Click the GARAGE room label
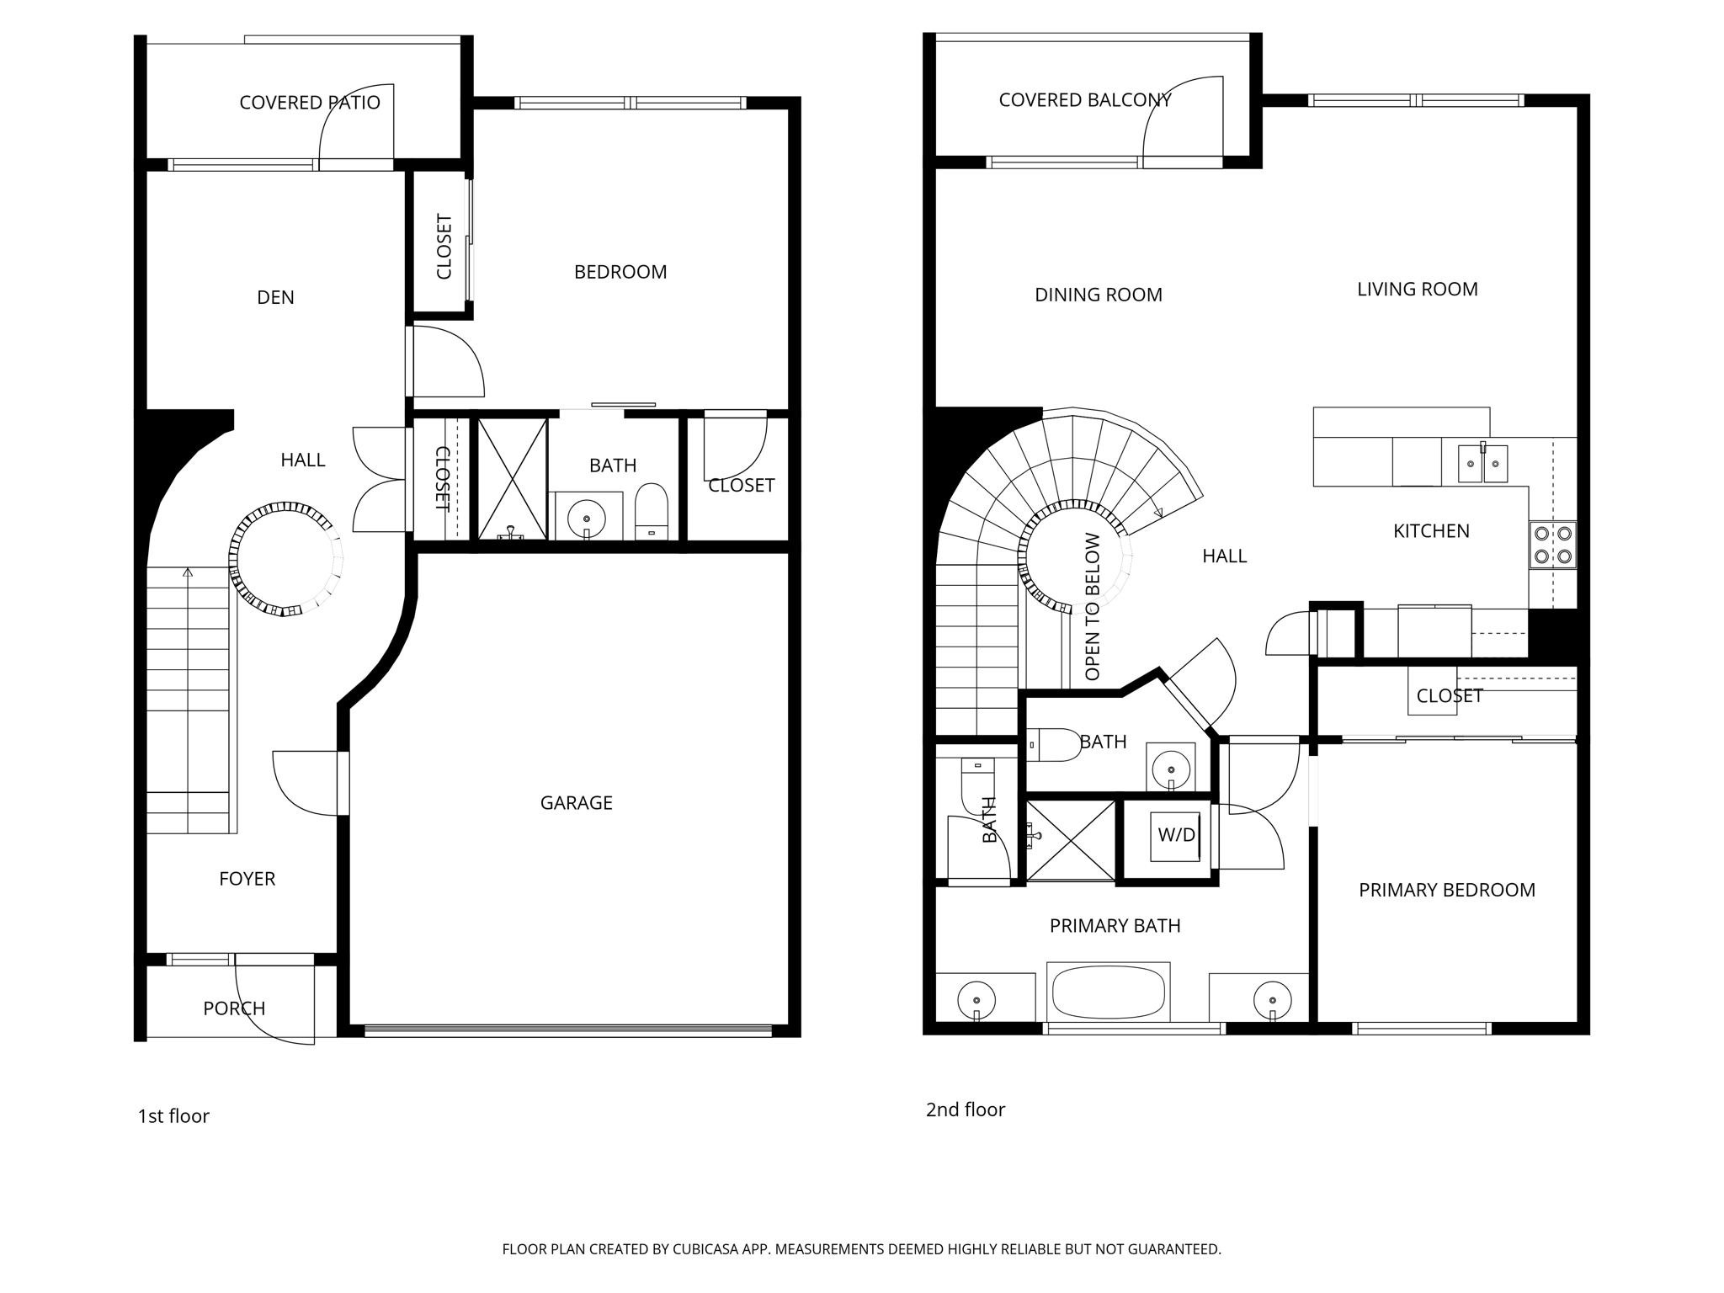(x=576, y=803)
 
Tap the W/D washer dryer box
(x=1176, y=835)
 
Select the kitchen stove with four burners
(x=1553, y=545)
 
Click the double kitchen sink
(x=1482, y=464)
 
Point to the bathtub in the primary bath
(x=1109, y=992)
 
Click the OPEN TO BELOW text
(x=1093, y=606)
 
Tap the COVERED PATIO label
(x=310, y=103)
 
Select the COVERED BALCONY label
(x=1084, y=100)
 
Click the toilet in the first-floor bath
(x=651, y=511)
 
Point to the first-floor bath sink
(x=587, y=515)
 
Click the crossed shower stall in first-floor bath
(x=512, y=478)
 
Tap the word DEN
(x=275, y=297)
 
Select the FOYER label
(x=247, y=879)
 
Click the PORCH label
(x=234, y=1008)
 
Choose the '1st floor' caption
(x=173, y=1116)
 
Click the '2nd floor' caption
(x=965, y=1109)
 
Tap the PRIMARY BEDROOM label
(x=1446, y=890)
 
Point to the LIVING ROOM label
(x=1417, y=290)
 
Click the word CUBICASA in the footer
(x=705, y=1249)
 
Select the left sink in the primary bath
(x=976, y=1000)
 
